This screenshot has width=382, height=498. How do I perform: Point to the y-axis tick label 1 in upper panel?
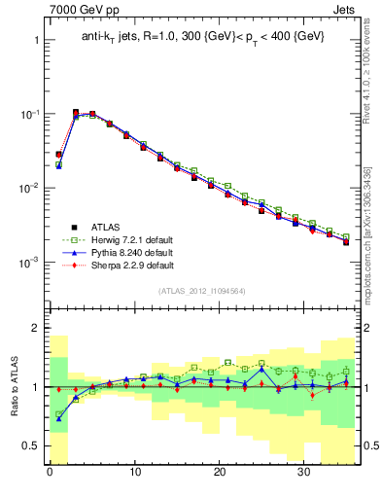35,41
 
